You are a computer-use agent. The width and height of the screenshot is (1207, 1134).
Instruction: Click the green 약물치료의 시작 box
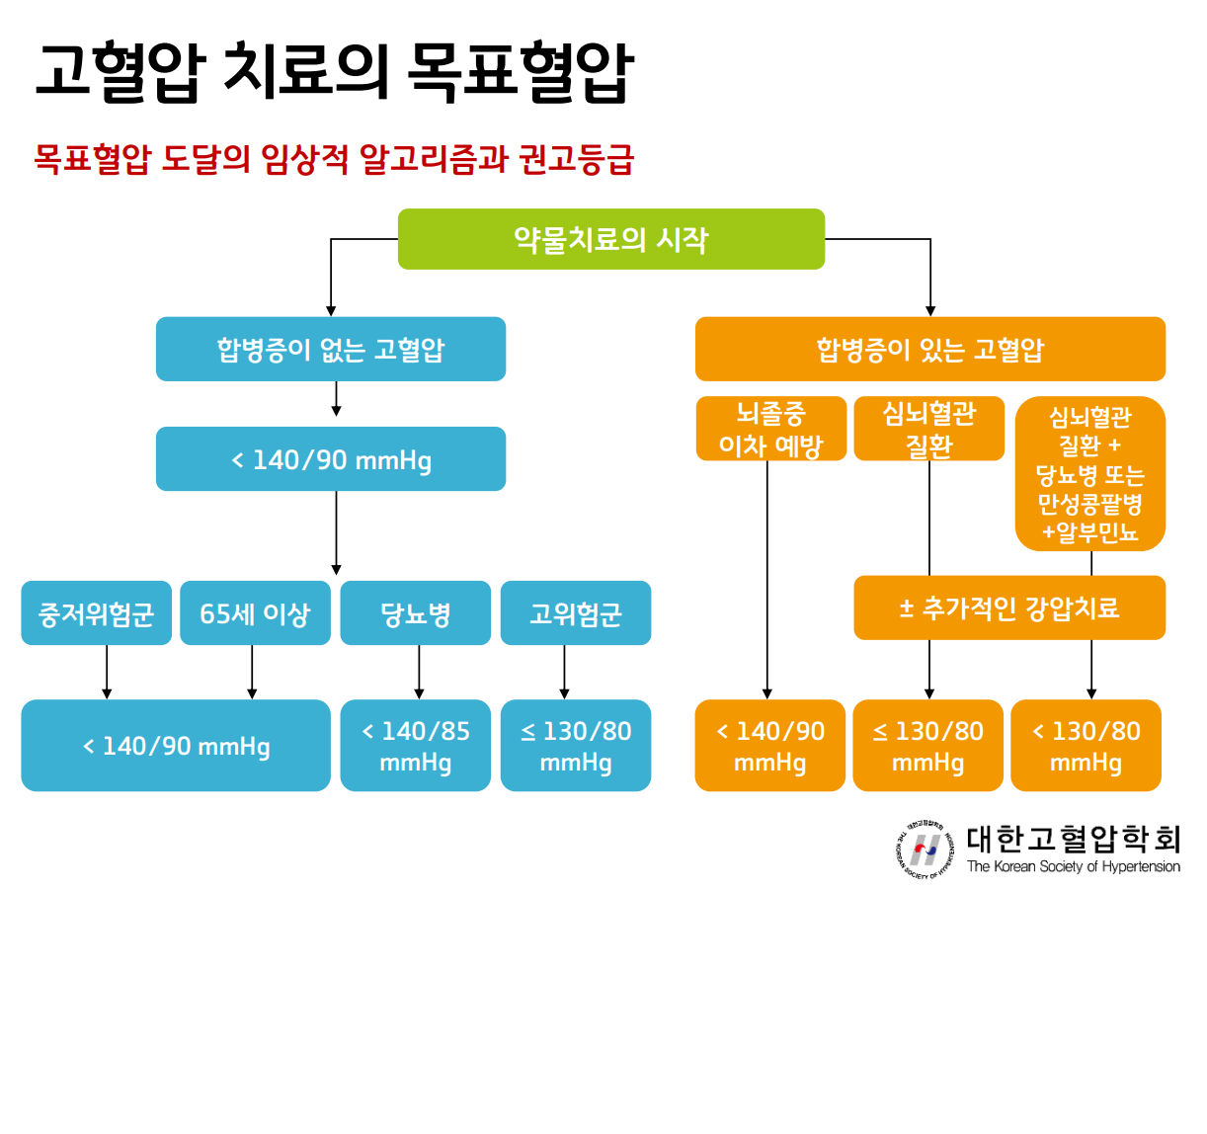coord(610,239)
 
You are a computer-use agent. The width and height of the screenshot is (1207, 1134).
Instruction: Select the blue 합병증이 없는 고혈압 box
coord(331,349)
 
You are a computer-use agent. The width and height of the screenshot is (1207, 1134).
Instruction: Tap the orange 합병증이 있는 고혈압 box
coord(929,349)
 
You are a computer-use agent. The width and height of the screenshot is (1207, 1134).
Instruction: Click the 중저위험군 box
coord(96,613)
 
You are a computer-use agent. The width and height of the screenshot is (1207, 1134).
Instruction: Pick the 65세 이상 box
coord(255,613)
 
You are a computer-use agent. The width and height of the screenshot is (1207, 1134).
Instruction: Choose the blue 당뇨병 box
coord(415,613)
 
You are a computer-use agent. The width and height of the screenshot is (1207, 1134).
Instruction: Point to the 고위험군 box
coord(576,613)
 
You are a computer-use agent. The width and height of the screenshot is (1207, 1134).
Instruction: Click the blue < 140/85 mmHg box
coord(415,746)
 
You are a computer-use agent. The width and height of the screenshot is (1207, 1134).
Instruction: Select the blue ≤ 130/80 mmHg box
coord(576,746)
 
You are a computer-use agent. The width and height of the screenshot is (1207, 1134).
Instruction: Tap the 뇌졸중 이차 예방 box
coord(770,429)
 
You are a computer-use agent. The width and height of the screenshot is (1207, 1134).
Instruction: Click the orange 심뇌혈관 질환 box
coord(928,429)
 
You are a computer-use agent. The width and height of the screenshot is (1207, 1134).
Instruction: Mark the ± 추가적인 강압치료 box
coord(1008,607)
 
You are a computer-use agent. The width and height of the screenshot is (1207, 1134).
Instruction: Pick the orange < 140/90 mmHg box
coord(769,746)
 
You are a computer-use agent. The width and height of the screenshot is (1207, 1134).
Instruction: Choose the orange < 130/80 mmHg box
coord(1086,746)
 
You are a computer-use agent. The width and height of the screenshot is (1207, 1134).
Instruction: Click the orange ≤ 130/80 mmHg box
coord(927,746)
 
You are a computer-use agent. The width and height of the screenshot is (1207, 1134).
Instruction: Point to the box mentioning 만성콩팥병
coord(1090,474)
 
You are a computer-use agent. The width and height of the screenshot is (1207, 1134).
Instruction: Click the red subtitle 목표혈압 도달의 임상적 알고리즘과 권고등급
coord(334,159)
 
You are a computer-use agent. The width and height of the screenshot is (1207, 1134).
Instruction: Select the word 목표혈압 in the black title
coord(520,71)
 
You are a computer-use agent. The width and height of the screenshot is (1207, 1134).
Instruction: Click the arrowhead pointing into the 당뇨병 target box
coord(419,693)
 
